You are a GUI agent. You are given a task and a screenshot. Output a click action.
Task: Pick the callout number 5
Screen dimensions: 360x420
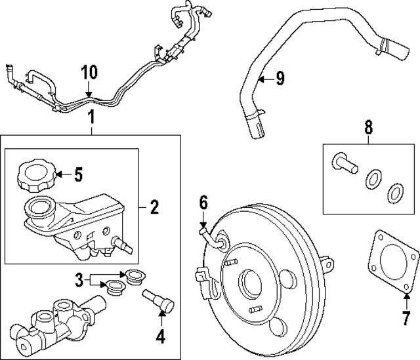pyautogui.click(x=78, y=174)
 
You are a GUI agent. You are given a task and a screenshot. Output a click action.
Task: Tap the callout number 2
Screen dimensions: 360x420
pyautogui.click(x=154, y=208)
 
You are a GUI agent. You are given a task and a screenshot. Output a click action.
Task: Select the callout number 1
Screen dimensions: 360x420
pyautogui.click(x=92, y=119)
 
